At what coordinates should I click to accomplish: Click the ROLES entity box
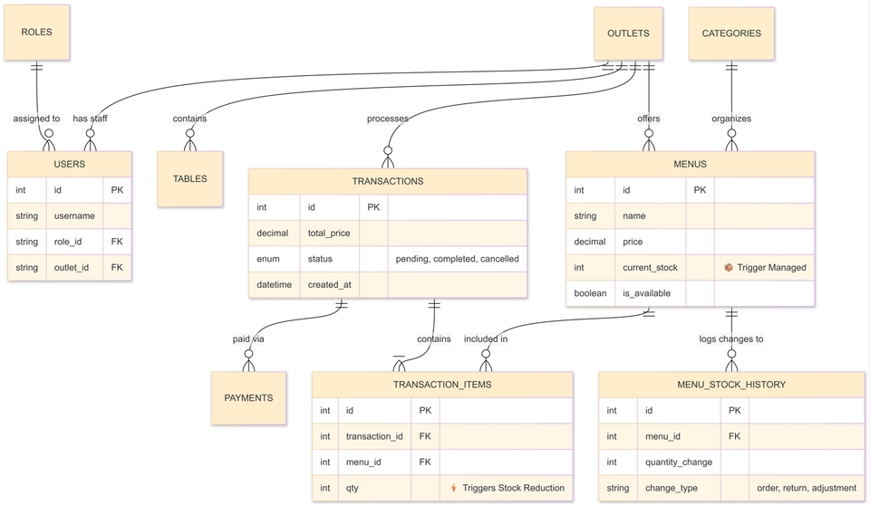tap(36, 33)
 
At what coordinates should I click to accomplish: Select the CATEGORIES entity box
tap(731, 33)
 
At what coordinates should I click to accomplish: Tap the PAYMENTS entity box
tap(248, 398)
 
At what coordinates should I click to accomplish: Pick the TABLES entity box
tap(189, 179)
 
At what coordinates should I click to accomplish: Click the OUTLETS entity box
tap(628, 33)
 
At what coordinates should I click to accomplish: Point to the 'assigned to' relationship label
tap(36, 119)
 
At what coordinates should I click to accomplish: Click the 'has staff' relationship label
tap(90, 119)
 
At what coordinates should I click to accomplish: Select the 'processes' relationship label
tap(387, 119)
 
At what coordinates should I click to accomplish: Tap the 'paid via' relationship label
tap(248, 338)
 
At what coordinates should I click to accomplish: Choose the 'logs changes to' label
tap(731, 338)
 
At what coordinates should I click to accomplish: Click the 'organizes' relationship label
tap(731, 119)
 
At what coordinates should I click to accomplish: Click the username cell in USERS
tap(74, 215)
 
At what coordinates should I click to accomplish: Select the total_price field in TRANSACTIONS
tap(329, 233)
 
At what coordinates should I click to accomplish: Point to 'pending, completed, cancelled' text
tap(457, 259)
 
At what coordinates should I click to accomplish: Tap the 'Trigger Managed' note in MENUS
tap(765, 267)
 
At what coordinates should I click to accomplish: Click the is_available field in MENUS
tap(646, 293)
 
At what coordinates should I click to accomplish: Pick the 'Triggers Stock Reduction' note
tap(507, 488)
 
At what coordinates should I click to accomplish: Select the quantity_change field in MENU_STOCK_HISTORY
tap(679, 462)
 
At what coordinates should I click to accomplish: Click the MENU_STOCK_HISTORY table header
tap(731, 385)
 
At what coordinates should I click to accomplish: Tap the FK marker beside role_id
tap(117, 242)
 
